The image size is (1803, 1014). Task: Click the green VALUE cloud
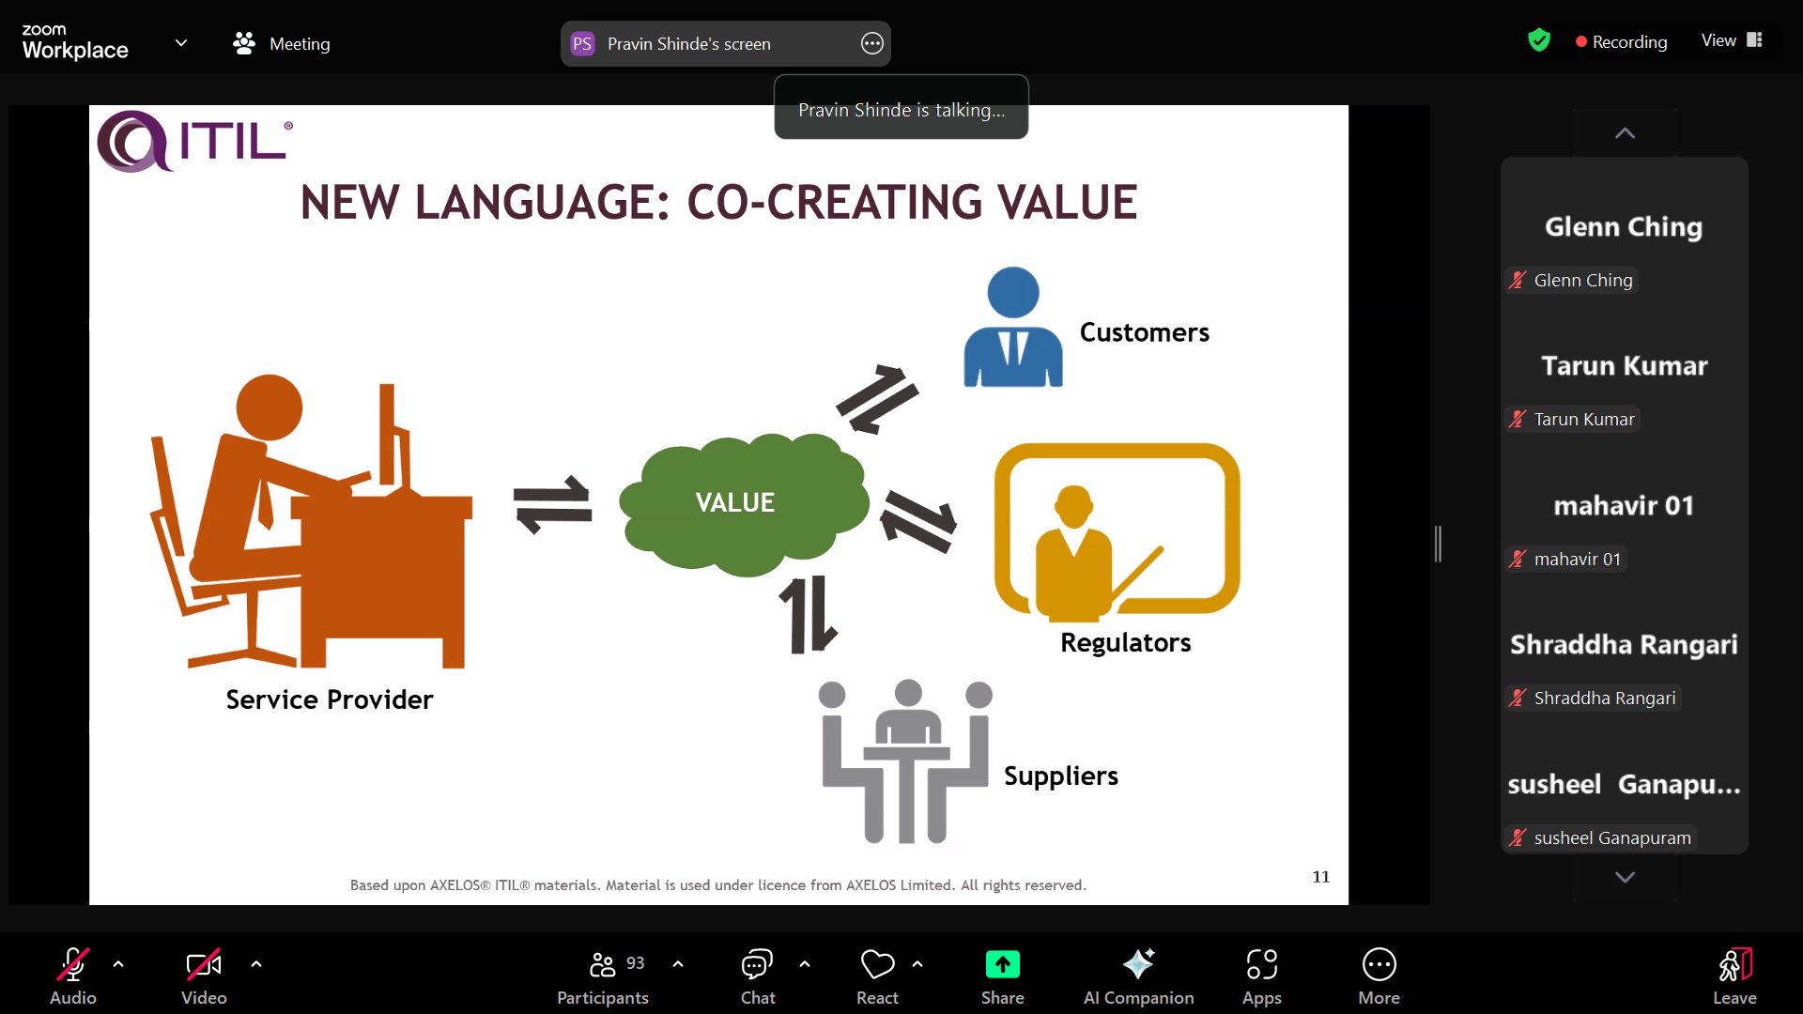pos(743,504)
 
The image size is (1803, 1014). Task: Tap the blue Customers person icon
pos(1013,327)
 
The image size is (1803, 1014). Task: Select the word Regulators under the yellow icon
pos(1125,642)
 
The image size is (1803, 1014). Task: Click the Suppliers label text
pos(1060,776)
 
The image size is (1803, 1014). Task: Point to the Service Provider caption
pos(329,699)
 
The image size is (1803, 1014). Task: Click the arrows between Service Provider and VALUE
pos(552,504)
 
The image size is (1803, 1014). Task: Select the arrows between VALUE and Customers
pos(877,399)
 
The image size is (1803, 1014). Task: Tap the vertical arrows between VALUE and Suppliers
pos(808,614)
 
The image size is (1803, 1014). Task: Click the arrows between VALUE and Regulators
pos(918,521)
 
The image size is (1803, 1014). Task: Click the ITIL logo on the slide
pos(195,141)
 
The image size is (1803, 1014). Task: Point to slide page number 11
pos(1320,876)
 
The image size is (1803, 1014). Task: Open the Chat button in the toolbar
pos(757,976)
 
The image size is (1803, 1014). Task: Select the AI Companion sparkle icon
pos(1138,963)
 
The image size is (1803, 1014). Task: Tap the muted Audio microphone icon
pos(73,964)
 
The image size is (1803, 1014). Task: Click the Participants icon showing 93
pos(602,964)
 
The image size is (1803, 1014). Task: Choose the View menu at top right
pos(1731,40)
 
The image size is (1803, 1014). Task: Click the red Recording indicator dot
pos(1581,41)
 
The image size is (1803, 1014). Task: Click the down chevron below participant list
pos(1625,877)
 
